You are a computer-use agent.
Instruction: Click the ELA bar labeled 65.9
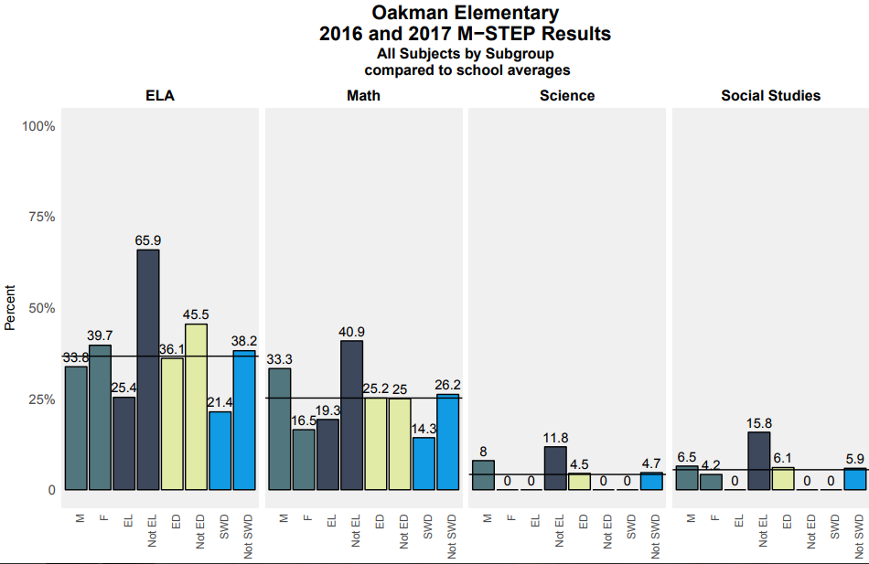coord(148,369)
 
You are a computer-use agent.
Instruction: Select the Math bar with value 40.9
coord(351,415)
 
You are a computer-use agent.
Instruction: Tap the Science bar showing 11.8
coord(555,468)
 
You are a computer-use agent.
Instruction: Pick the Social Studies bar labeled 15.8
coord(759,461)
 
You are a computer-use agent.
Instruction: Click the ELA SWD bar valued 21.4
coord(220,451)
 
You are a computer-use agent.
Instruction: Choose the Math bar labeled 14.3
coord(424,463)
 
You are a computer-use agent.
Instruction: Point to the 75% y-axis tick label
coord(40,218)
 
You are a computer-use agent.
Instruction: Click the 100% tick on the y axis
coord(38,126)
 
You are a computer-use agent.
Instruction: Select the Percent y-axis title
coord(10,308)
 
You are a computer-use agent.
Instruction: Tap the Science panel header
coord(567,96)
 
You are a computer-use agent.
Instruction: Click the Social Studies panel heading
coord(770,96)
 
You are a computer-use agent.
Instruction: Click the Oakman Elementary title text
coord(465,13)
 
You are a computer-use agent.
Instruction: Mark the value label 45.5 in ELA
coord(196,314)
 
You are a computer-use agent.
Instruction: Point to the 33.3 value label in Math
coord(279,359)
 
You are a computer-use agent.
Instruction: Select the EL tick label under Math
coord(331,521)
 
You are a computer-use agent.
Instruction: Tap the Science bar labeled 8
coord(483,475)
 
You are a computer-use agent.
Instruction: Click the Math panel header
coord(363,96)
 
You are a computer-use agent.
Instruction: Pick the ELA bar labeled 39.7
coord(101,417)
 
